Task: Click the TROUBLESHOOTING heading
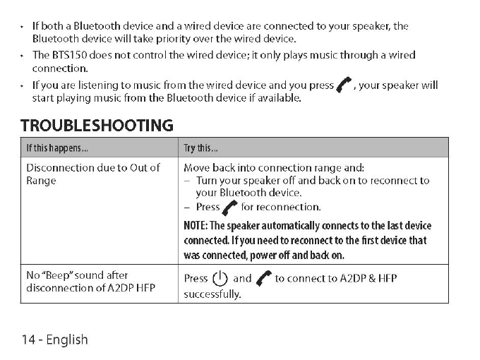[x=97, y=126]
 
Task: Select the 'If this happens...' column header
[x=57, y=148]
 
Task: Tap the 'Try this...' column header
[x=201, y=148]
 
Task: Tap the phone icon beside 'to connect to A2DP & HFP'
[x=264, y=278]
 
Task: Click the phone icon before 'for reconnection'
[x=230, y=208]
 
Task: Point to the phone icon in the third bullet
[x=344, y=86]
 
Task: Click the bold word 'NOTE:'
[x=196, y=226]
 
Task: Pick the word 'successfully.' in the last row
[x=212, y=294]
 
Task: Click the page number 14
[x=28, y=340]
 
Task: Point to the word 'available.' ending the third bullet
[x=280, y=98]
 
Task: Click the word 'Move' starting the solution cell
[x=197, y=168]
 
